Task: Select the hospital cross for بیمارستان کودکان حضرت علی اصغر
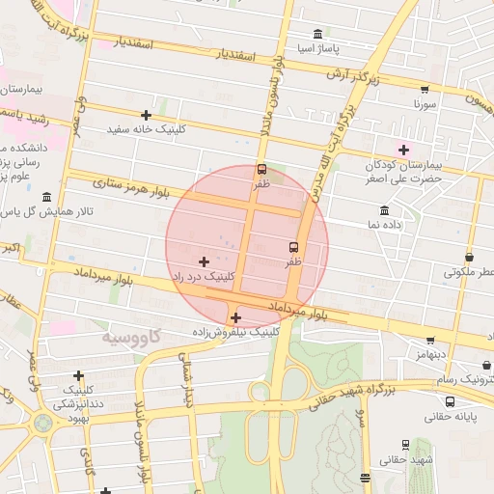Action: (403, 149)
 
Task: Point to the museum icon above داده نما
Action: (385, 210)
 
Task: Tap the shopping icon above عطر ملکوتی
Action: (469, 258)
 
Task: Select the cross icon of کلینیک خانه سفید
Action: (146, 115)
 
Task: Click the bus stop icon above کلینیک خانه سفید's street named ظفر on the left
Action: (261, 168)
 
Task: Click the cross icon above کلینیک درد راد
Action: (203, 261)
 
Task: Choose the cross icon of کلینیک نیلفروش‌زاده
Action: (235, 317)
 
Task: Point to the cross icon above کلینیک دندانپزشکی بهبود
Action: (78, 375)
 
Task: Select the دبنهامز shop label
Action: (429, 355)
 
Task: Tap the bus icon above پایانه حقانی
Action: (424, 400)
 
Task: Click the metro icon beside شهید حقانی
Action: (404, 445)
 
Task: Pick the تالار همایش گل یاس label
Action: (43, 211)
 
